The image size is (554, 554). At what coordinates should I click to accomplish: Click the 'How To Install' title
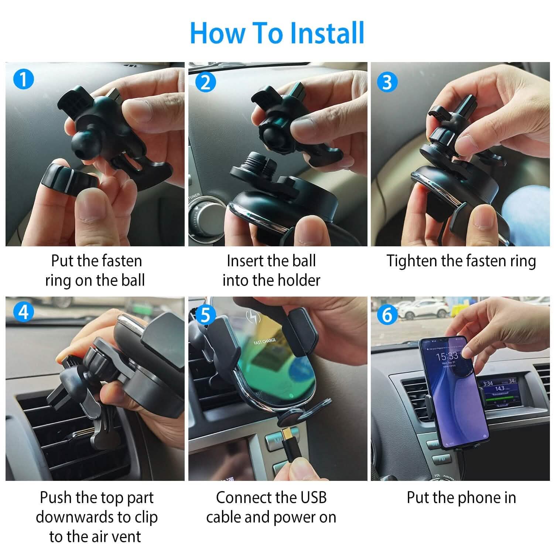pyautogui.click(x=277, y=33)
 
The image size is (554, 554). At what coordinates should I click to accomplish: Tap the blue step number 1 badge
pyautogui.click(x=23, y=79)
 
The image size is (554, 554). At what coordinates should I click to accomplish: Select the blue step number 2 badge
pyautogui.click(x=205, y=82)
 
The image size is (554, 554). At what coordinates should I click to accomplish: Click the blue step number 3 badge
pyautogui.click(x=387, y=82)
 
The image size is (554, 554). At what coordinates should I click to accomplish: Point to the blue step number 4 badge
pyautogui.click(x=23, y=312)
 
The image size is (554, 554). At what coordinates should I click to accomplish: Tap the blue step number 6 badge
pyautogui.click(x=387, y=315)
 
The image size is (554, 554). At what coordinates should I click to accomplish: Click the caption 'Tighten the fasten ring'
pyautogui.click(x=461, y=261)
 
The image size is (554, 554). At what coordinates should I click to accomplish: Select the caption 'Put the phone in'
pyautogui.click(x=461, y=497)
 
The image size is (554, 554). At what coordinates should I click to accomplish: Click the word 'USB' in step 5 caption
pyautogui.click(x=313, y=497)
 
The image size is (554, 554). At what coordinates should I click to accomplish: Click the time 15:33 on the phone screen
pyautogui.click(x=447, y=356)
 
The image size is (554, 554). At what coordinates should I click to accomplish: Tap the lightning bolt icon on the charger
pyautogui.click(x=253, y=317)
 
